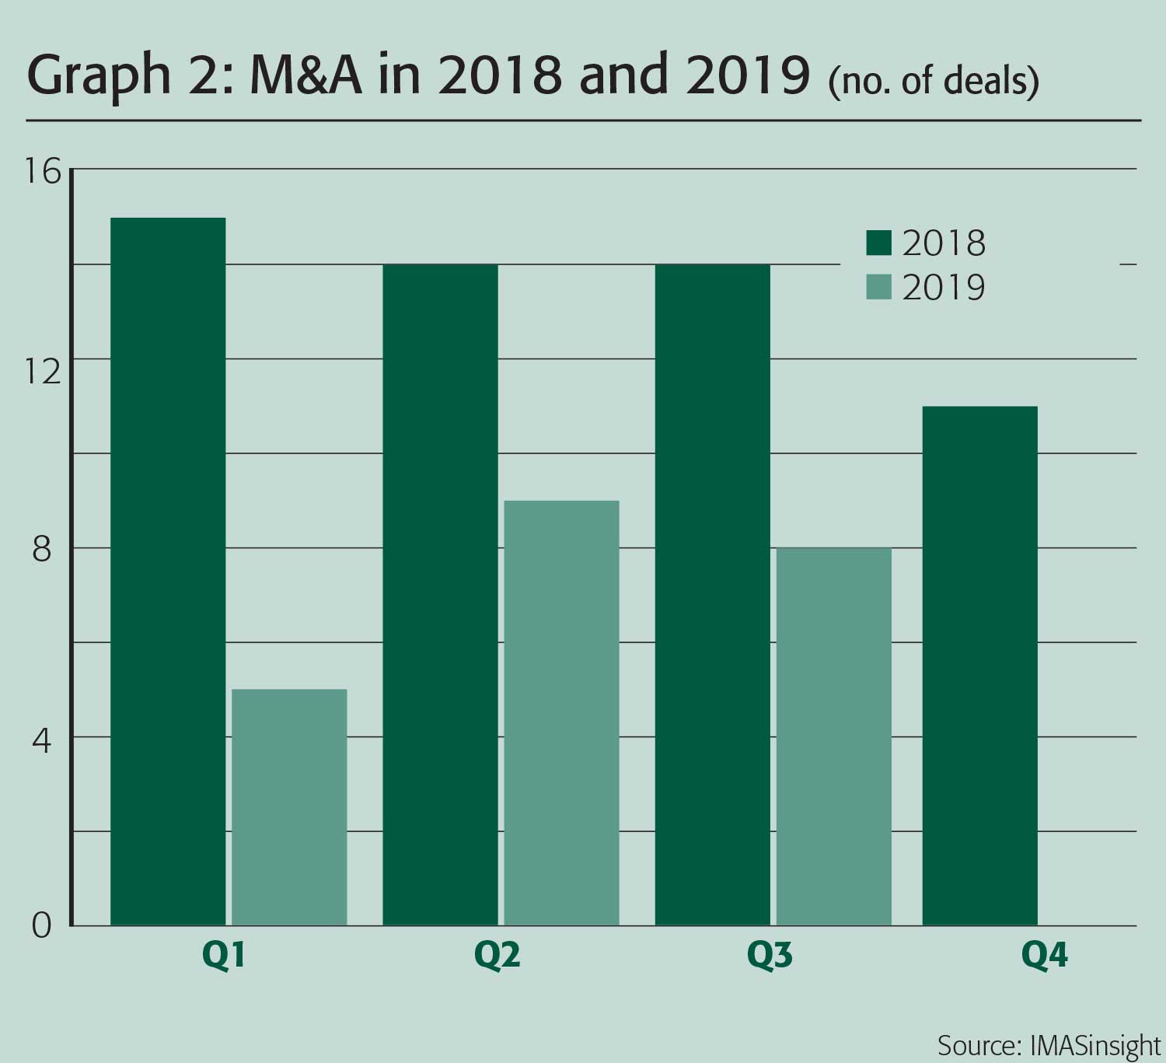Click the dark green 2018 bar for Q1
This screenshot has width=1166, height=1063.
(168, 572)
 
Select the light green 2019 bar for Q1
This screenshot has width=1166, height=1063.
(289, 807)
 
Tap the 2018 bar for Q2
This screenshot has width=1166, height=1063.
(440, 595)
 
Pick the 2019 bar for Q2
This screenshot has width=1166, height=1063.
(561, 712)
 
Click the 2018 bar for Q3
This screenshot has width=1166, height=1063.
(713, 595)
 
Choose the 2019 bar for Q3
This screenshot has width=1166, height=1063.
(834, 736)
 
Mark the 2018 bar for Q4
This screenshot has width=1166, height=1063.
(979, 666)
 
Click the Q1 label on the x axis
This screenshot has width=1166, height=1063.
(224, 956)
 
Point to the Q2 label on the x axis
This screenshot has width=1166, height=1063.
(497, 956)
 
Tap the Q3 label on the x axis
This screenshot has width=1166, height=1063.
(770, 956)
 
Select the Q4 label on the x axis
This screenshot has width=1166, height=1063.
(1045, 956)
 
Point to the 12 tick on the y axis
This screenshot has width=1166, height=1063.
(43, 372)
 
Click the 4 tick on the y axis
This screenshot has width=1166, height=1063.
(43, 740)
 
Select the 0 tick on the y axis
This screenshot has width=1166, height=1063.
(43, 925)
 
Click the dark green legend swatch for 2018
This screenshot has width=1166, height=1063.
(878, 243)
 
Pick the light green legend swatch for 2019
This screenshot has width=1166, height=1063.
(878, 288)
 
